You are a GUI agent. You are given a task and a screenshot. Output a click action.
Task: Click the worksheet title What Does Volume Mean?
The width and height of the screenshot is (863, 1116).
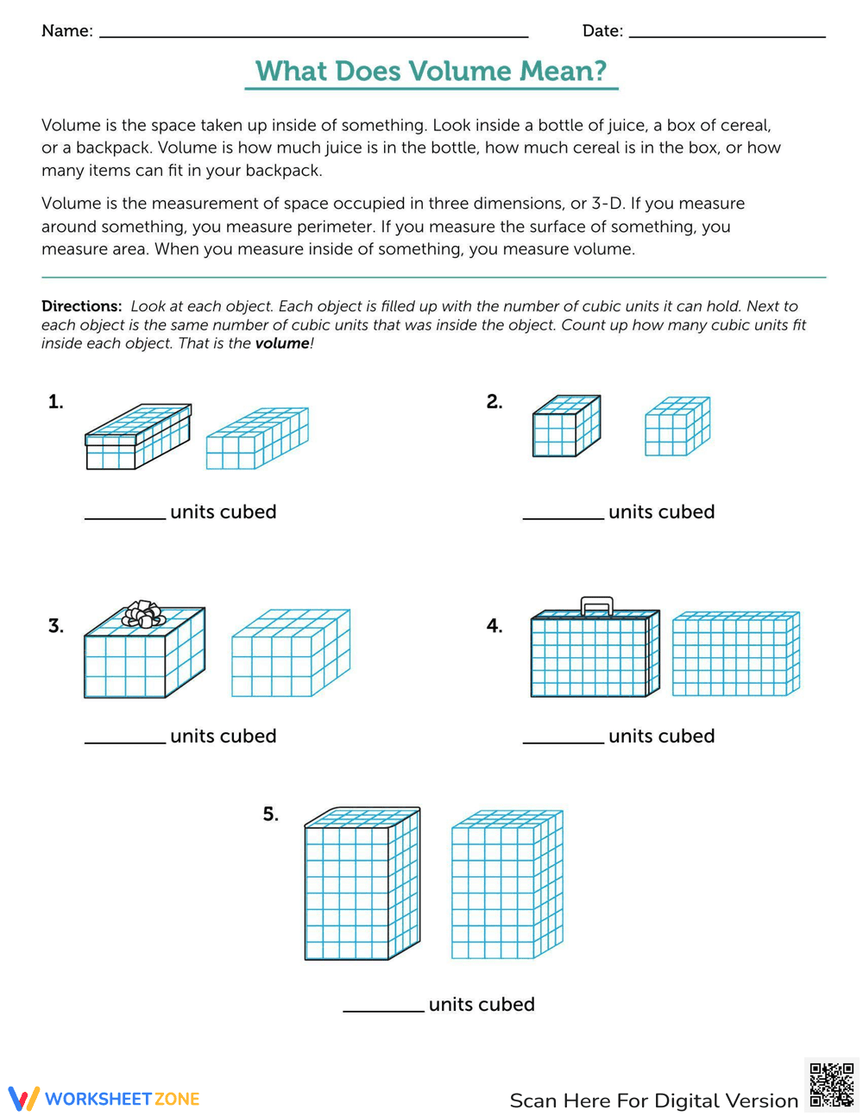tap(431, 71)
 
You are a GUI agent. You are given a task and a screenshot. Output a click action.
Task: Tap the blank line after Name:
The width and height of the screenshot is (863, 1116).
tap(313, 34)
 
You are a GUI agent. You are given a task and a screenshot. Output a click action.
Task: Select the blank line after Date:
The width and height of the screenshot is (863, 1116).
tap(727, 34)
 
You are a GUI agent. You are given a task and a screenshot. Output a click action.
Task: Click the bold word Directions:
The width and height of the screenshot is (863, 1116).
tap(82, 306)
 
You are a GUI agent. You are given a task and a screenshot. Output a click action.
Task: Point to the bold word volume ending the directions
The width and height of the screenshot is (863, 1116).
tap(281, 343)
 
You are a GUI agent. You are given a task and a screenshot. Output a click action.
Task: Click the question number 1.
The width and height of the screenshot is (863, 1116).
tap(56, 402)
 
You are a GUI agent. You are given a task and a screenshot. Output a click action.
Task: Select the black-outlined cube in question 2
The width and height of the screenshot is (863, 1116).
tap(566, 426)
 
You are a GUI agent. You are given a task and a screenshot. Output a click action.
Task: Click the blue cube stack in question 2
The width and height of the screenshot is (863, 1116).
tap(677, 426)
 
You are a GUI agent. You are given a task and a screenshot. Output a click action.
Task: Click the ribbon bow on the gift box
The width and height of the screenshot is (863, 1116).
tap(143, 615)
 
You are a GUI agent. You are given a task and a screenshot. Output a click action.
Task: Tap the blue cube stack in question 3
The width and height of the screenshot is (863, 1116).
tap(291, 653)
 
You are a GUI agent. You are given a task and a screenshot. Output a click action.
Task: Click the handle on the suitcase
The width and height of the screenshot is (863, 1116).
tap(596, 605)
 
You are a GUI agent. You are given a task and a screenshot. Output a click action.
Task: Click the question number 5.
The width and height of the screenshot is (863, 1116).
tap(270, 814)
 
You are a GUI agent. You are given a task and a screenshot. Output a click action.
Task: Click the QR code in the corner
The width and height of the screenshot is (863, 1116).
tap(832, 1084)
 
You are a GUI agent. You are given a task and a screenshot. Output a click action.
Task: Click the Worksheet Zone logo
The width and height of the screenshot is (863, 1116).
tap(104, 1099)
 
